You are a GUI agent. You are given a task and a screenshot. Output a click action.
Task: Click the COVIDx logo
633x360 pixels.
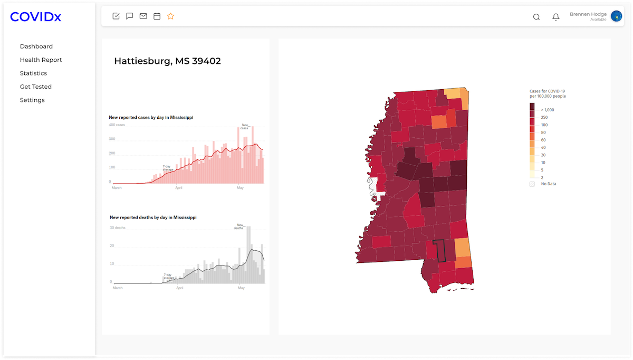(x=36, y=17)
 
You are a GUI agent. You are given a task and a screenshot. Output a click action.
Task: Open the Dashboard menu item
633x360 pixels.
(x=36, y=46)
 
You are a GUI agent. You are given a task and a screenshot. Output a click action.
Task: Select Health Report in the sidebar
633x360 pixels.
(x=41, y=60)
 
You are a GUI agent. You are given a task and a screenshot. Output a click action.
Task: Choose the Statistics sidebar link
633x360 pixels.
(x=33, y=73)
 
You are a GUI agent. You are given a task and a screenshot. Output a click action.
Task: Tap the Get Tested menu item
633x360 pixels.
(x=36, y=87)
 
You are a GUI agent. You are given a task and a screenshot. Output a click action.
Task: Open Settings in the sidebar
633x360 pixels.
(x=32, y=100)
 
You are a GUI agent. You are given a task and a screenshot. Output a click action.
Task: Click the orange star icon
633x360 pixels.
(x=171, y=16)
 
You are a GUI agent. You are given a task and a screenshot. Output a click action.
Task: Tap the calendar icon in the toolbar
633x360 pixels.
(x=157, y=16)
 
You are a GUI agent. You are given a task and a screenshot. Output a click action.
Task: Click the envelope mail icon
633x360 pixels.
(x=143, y=16)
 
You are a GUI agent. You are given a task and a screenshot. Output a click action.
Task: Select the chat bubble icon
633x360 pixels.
(x=130, y=16)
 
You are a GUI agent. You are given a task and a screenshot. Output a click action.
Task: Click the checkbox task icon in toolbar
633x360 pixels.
(x=116, y=16)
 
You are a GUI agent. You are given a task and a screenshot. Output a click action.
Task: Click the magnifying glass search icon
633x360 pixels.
(x=536, y=17)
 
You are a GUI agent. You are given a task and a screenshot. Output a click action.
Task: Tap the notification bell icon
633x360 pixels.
(x=556, y=17)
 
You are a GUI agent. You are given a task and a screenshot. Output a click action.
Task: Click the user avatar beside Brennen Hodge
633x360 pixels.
(x=616, y=16)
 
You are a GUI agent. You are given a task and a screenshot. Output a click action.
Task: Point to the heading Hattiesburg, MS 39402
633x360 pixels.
(x=167, y=61)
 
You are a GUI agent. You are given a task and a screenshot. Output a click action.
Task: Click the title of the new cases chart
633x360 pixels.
(x=151, y=117)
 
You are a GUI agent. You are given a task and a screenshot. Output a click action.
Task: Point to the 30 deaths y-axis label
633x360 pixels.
(x=118, y=228)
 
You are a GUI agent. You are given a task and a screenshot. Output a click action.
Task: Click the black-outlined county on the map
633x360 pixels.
(x=439, y=251)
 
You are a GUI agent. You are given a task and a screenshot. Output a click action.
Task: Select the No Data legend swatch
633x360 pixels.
(x=532, y=184)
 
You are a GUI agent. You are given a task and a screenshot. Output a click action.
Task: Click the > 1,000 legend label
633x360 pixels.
(x=548, y=110)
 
